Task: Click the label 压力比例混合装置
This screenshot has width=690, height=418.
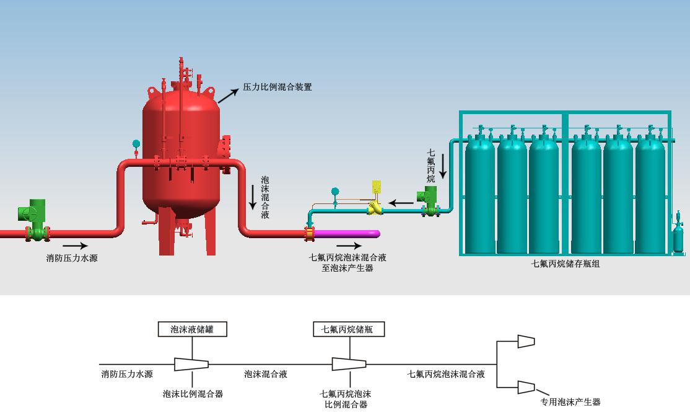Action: (277, 87)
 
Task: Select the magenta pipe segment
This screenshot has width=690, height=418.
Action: (347, 234)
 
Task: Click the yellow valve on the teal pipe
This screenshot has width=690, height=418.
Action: (375, 202)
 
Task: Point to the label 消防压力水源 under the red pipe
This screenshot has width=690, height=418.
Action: (72, 258)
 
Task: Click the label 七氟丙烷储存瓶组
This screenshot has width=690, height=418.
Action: (566, 264)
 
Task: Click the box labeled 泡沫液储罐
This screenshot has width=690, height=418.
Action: (192, 329)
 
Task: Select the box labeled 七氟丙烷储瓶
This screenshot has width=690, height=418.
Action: (349, 329)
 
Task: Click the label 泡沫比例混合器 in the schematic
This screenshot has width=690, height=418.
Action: (193, 394)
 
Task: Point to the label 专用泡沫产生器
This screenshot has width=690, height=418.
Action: (570, 402)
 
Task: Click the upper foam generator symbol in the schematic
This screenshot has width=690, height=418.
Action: (525, 341)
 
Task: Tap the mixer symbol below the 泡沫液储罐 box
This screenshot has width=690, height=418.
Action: (191, 364)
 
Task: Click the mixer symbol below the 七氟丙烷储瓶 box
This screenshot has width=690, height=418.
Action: (349, 364)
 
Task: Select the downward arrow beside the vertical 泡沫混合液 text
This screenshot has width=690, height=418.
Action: (253, 197)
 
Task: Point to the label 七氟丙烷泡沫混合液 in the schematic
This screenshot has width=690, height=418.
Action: (445, 375)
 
